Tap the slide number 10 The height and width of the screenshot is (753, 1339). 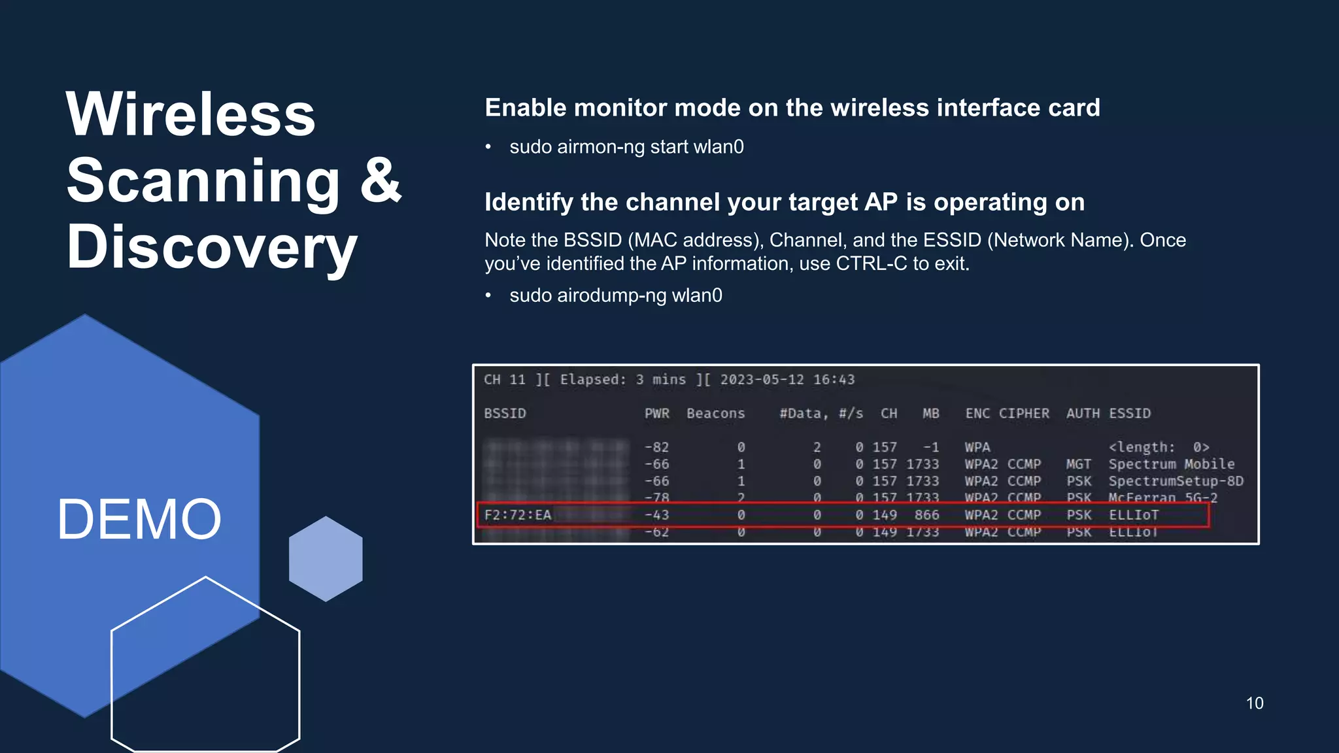1254,703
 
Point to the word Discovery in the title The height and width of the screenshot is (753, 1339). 212,248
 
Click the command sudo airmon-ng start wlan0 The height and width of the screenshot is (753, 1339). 626,147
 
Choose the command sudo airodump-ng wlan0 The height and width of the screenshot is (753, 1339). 615,295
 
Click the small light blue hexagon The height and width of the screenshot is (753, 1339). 326,559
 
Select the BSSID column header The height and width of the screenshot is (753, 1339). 505,414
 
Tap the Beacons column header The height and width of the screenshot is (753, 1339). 715,414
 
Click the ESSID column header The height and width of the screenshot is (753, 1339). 1129,414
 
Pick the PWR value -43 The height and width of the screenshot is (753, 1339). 656,515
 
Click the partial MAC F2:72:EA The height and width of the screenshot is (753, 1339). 517,515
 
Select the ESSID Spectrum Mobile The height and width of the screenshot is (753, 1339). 1171,464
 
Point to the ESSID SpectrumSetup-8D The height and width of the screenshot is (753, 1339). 1176,481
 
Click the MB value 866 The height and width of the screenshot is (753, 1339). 926,515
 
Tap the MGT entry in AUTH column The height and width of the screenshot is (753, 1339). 1078,464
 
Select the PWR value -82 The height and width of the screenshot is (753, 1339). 656,448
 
